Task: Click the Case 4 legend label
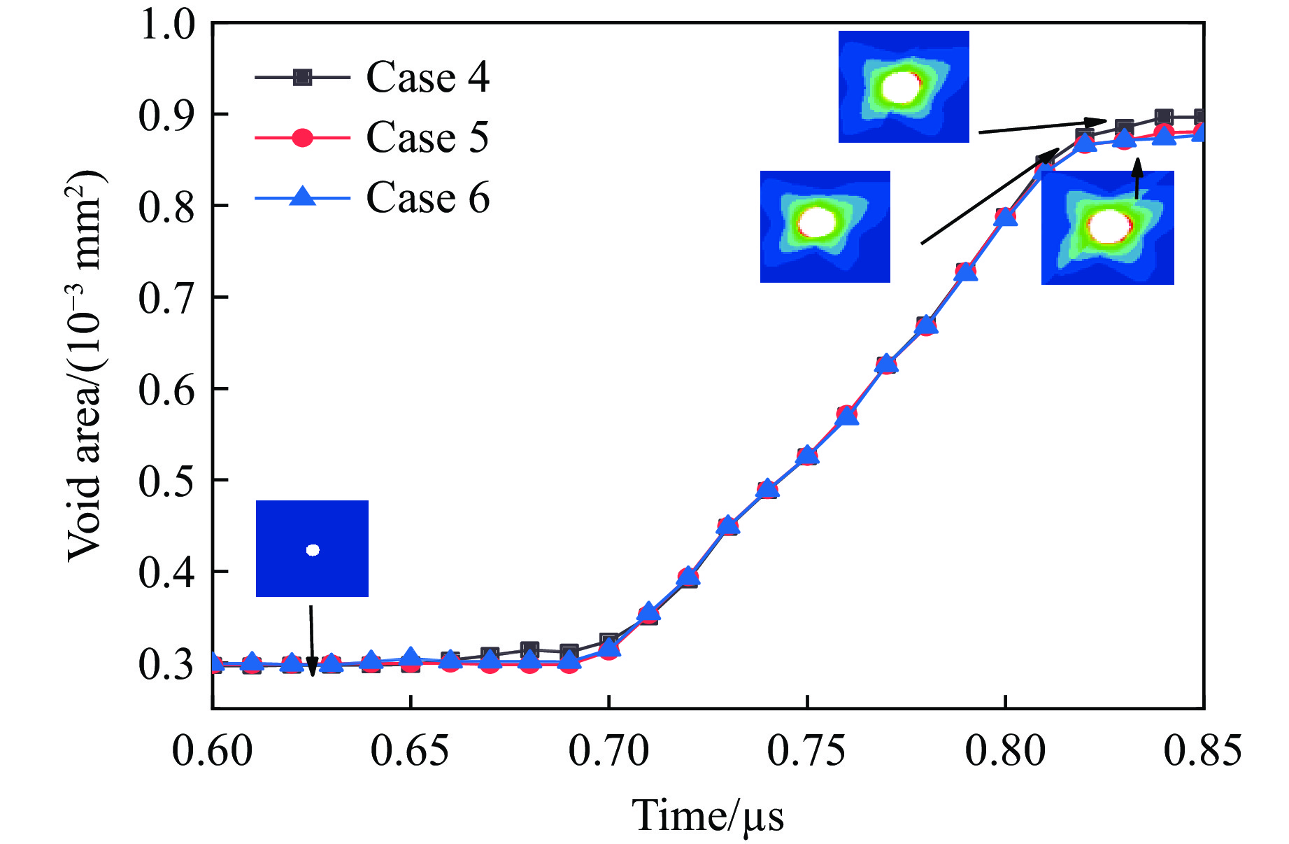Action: pyautogui.click(x=427, y=77)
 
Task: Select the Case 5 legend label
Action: pyautogui.click(x=427, y=137)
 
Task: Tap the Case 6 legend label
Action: pyautogui.click(x=427, y=198)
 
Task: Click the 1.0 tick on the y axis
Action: pyautogui.click(x=168, y=25)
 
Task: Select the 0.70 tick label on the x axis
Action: pyautogui.click(x=608, y=751)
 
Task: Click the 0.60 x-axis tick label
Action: pyautogui.click(x=213, y=751)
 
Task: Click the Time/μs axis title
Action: pyautogui.click(x=708, y=815)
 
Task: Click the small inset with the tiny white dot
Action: pyautogui.click(x=312, y=549)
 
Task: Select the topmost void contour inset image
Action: pyautogui.click(x=904, y=87)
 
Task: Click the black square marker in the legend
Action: pyautogui.click(x=302, y=77)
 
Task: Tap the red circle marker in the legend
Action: pyautogui.click(x=302, y=138)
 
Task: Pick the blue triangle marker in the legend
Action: pyautogui.click(x=302, y=197)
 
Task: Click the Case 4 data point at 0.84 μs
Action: pyautogui.click(x=1164, y=117)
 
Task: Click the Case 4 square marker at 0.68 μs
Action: pyautogui.click(x=529, y=649)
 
